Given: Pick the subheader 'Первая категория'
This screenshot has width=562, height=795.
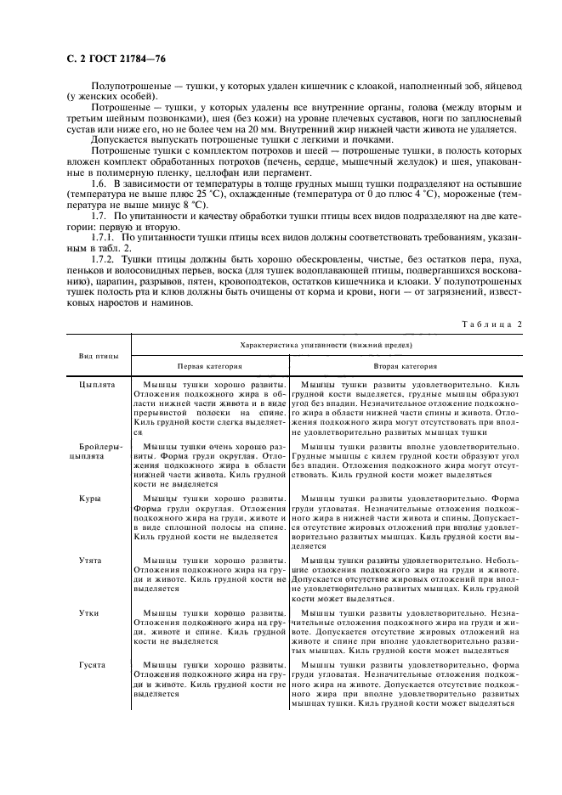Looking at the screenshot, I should point(209,366).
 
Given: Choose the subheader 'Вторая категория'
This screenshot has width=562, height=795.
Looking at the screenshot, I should point(406,366).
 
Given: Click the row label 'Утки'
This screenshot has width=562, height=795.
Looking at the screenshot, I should point(89,612).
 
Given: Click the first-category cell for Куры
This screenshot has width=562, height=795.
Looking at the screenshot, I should point(209,521).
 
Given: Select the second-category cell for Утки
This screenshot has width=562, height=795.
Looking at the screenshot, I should point(406,631).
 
